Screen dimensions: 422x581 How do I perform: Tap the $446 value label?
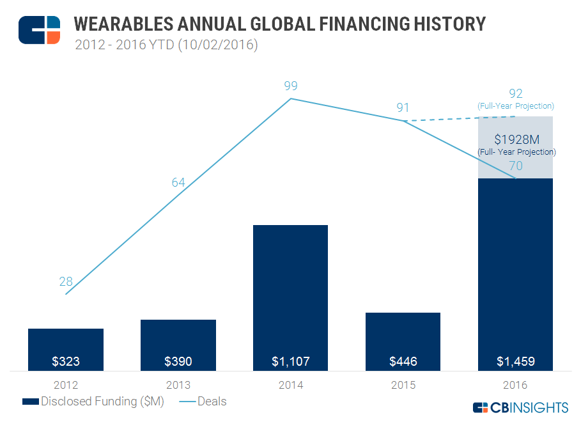(403, 361)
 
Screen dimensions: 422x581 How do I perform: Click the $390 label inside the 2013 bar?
(178, 361)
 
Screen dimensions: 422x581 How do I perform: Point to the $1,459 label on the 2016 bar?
(515, 361)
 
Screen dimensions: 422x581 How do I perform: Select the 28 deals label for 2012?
(66, 281)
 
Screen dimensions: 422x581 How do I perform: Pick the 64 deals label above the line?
(178, 183)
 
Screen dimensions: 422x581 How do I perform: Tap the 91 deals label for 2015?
(403, 107)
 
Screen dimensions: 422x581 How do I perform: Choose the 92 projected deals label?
(515, 93)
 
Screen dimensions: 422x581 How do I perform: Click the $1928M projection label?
(516, 140)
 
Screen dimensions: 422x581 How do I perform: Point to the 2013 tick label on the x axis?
(178, 386)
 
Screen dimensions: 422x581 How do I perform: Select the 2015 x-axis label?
(403, 386)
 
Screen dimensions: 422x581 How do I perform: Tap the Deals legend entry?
(203, 402)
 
